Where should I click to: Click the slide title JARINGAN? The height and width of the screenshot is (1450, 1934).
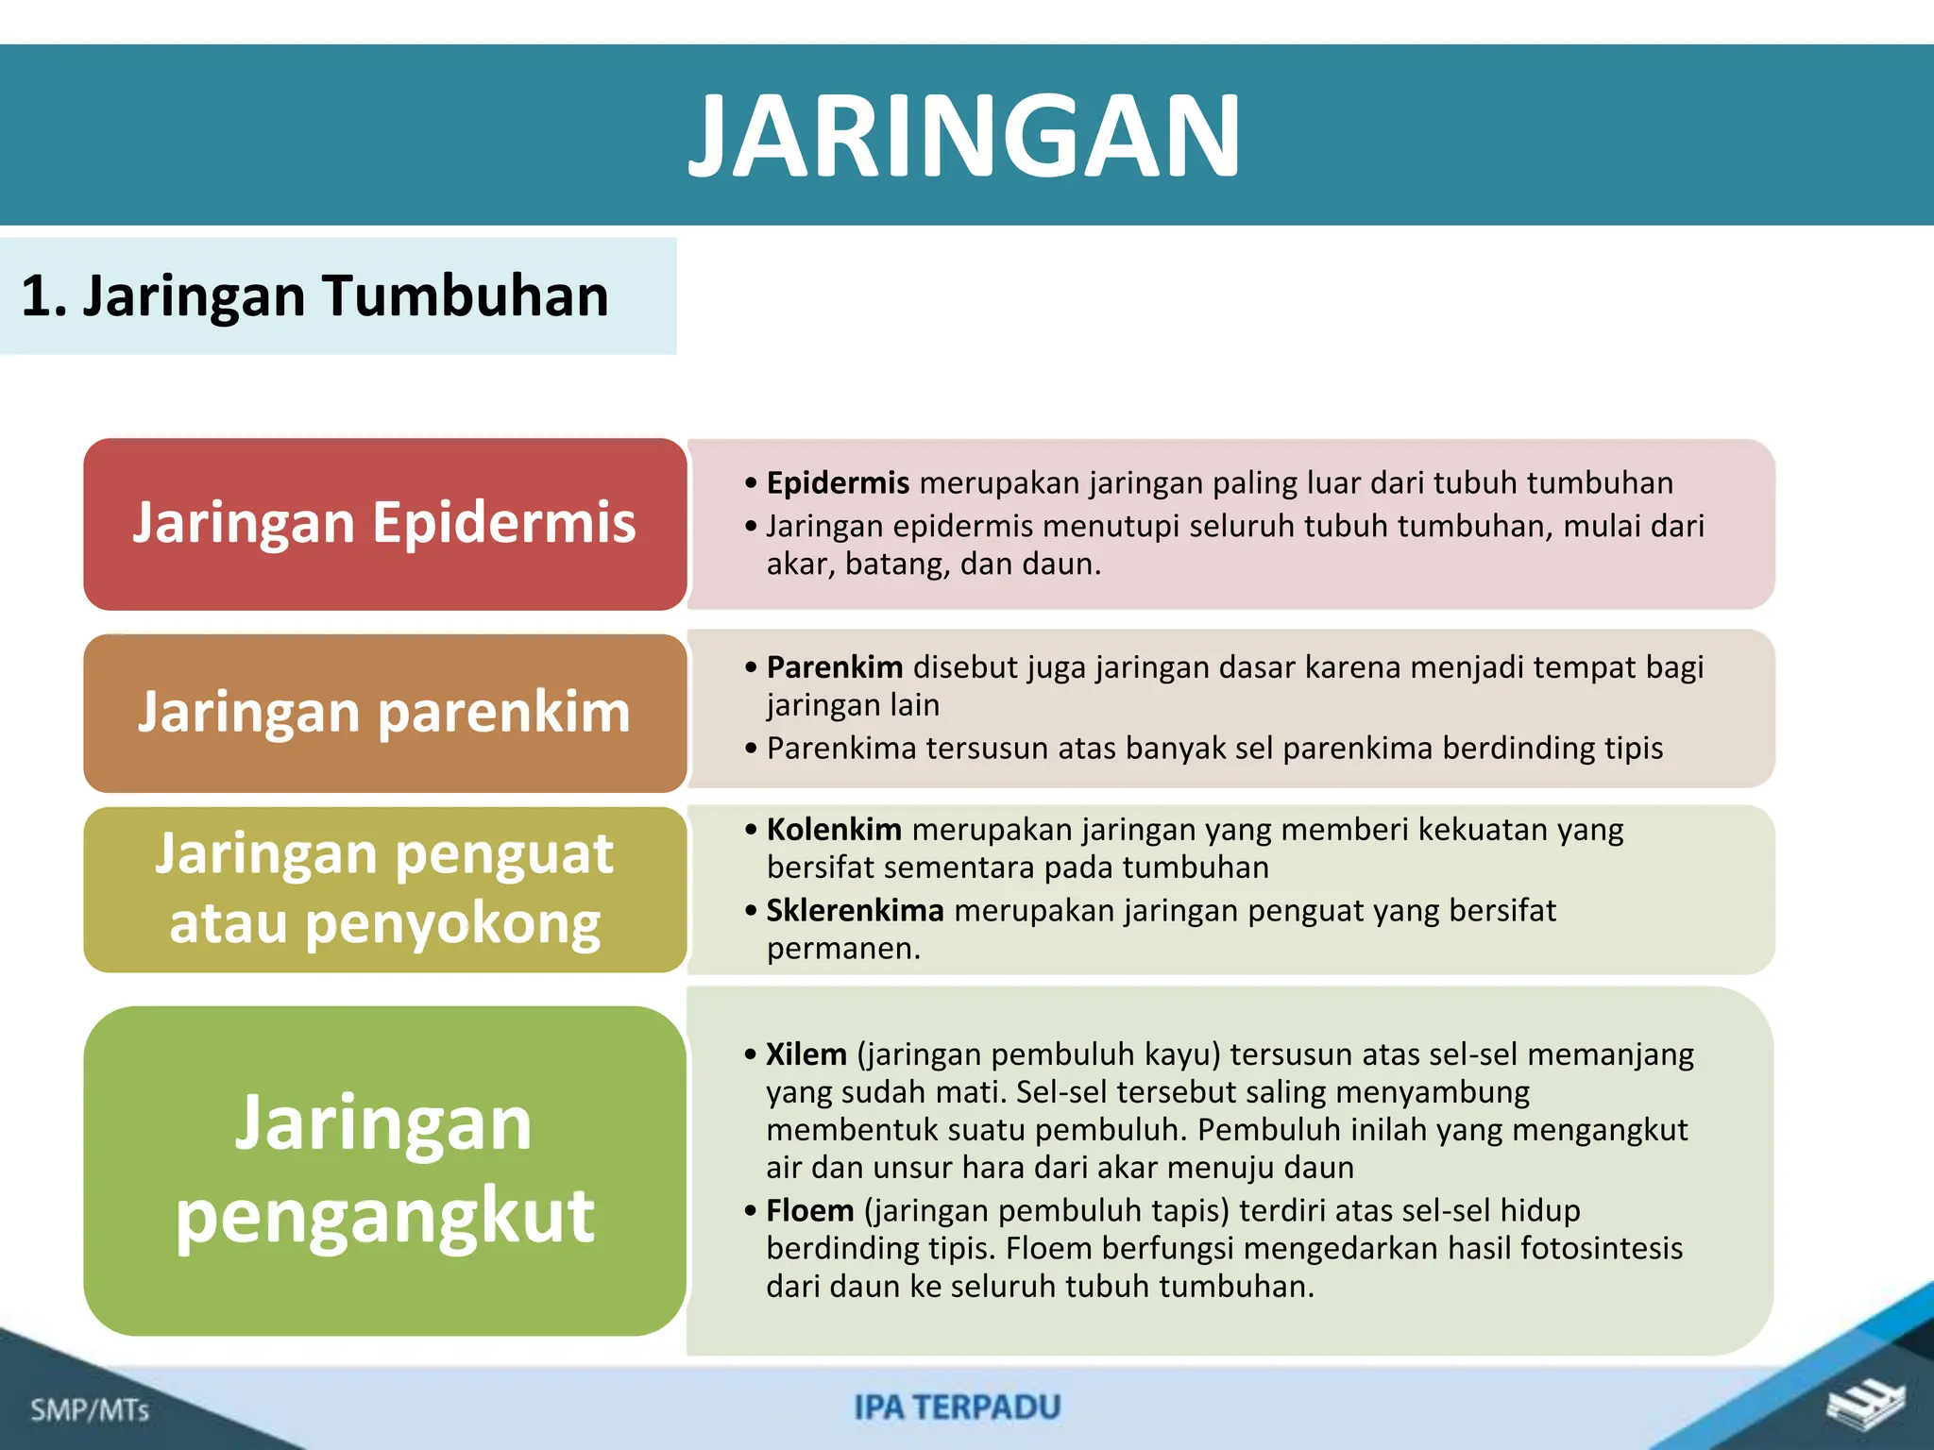pyautogui.click(x=965, y=137)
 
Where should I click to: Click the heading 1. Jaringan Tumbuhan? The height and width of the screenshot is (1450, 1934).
pyautogui.click(x=314, y=296)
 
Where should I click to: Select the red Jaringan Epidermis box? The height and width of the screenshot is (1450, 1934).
pyautogui.click(x=384, y=524)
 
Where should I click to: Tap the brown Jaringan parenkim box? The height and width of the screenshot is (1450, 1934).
pyautogui.click(x=384, y=713)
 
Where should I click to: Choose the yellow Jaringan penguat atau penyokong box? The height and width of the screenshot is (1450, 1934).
pyautogui.click(x=384, y=889)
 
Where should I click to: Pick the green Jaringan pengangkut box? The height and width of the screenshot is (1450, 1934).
pyautogui.click(x=384, y=1171)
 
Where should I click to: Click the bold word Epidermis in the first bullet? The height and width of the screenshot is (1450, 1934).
pyautogui.click(x=837, y=483)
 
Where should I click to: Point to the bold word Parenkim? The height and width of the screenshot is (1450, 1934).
pyautogui.click(x=834, y=667)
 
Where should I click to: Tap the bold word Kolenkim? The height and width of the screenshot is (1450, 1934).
pyautogui.click(x=833, y=830)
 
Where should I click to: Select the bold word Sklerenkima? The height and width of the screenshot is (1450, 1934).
pyautogui.click(x=855, y=911)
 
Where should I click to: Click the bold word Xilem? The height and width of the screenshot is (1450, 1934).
pyautogui.click(x=806, y=1054)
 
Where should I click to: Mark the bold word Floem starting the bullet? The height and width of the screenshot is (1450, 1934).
pyautogui.click(x=809, y=1211)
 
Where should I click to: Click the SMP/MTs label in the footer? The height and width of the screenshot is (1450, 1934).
pyautogui.click(x=90, y=1410)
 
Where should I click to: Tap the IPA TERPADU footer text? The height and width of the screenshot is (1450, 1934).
pyautogui.click(x=958, y=1408)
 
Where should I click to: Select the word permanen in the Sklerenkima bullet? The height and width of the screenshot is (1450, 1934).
pyautogui.click(x=842, y=949)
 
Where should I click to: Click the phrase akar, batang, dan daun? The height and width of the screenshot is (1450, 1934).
pyautogui.click(x=933, y=565)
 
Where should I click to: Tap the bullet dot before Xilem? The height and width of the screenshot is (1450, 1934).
pyautogui.click(x=750, y=1054)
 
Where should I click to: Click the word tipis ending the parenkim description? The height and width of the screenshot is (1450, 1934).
pyautogui.click(x=1633, y=749)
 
